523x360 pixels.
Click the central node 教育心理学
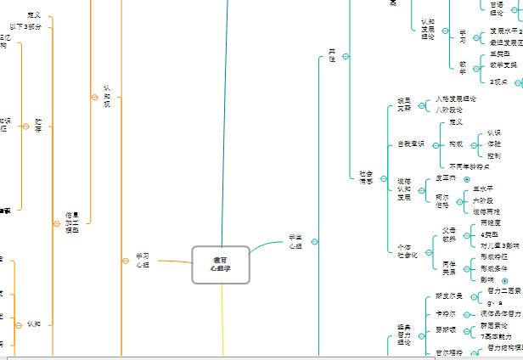click(x=221, y=264)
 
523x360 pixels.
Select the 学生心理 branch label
click(x=295, y=241)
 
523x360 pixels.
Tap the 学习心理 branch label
click(x=142, y=260)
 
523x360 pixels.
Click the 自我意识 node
click(x=410, y=144)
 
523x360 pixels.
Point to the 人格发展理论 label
click(x=456, y=99)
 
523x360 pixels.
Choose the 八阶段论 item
click(x=449, y=110)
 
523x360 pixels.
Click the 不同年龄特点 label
click(x=470, y=166)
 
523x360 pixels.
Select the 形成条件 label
click(x=497, y=267)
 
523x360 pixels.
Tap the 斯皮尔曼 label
click(x=448, y=296)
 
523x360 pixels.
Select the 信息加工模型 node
click(x=72, y=222)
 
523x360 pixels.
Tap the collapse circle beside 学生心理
click(x=316, y=241)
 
